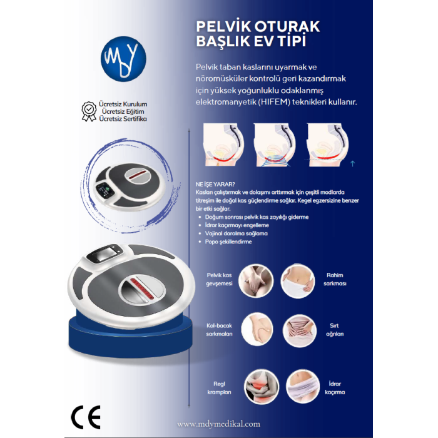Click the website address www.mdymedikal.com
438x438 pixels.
pos(218,423)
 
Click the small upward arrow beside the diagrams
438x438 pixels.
pos(353,164)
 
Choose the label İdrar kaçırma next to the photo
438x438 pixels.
pos(335,387)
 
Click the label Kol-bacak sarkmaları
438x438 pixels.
pos(219,330)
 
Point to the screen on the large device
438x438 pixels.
pos(106,256)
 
